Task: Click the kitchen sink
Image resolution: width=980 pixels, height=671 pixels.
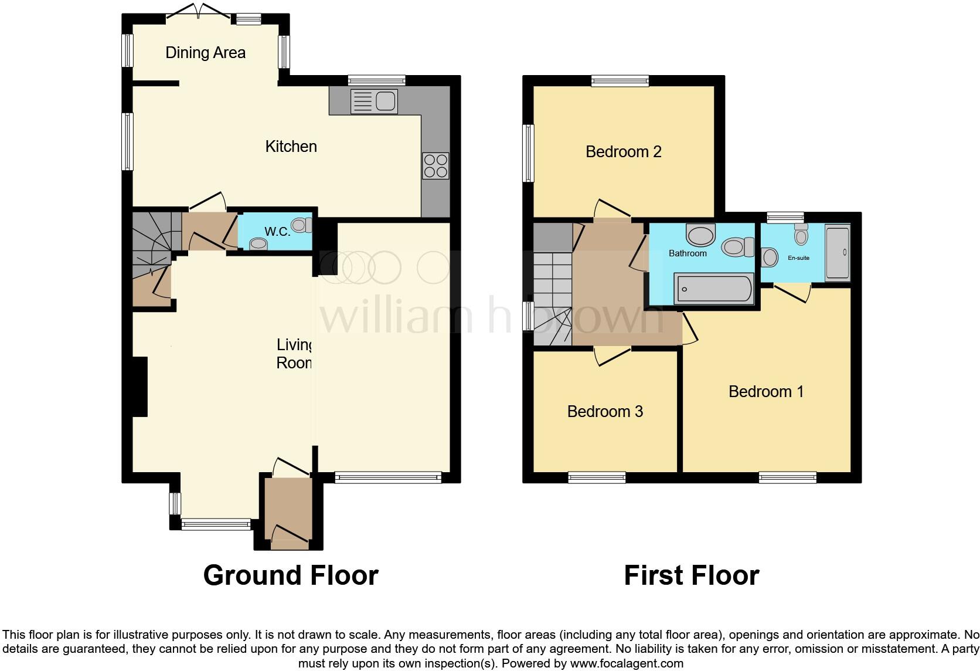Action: click(x=374, y=100)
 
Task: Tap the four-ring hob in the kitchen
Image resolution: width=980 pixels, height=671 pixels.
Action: click(x=435, y=165)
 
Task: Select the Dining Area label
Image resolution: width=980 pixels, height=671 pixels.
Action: click(x=205, y=53)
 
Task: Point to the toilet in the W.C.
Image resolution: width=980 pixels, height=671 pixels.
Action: click(x=302, y=225)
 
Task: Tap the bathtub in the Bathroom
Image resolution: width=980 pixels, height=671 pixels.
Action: click(x=714, y=289)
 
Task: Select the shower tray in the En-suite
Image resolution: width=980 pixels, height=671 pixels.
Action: click(x=837, y=253)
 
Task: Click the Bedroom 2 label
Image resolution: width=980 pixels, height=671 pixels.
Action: click(x=623, y=152)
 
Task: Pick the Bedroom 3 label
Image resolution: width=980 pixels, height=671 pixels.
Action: click(x=605, y=412)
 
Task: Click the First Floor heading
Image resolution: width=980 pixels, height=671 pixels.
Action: click(x=691, y=575)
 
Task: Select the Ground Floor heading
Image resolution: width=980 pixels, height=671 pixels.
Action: click(x=291, y=575)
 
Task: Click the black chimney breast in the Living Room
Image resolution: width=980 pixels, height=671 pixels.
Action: click(x=140, y=387)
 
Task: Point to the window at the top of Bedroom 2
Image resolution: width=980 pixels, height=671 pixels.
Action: click(x=620, y=82)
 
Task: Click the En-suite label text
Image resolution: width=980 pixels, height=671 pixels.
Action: click(x=798, y=258)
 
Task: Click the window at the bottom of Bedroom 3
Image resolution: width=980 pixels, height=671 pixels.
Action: click(x=597, y=478)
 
